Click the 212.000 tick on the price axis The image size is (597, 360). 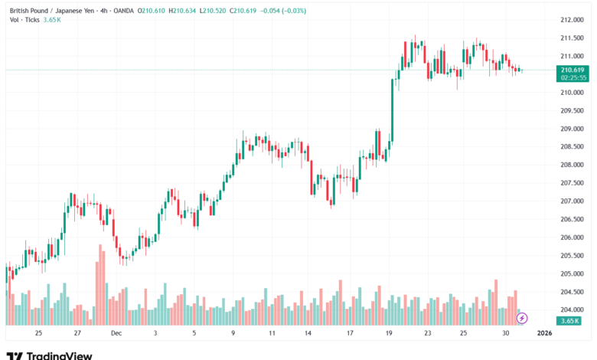tap(573, 20)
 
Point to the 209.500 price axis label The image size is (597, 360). tap(573, 110)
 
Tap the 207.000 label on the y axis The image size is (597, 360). tap(573, 201)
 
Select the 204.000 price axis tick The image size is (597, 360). tap(573, 310)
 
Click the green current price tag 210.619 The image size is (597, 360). tap(573, 69)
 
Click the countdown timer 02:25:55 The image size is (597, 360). tap(573, 77)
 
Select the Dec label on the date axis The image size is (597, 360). tap(116, 333)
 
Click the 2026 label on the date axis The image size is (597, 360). tap(544, 333)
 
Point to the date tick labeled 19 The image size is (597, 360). tap(389, 333)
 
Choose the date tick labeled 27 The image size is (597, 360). tap(77, 333)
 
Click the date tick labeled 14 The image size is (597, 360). tap(308, 333)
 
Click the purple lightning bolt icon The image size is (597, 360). tap(522, 318)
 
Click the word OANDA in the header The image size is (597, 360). tap(121, 9)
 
